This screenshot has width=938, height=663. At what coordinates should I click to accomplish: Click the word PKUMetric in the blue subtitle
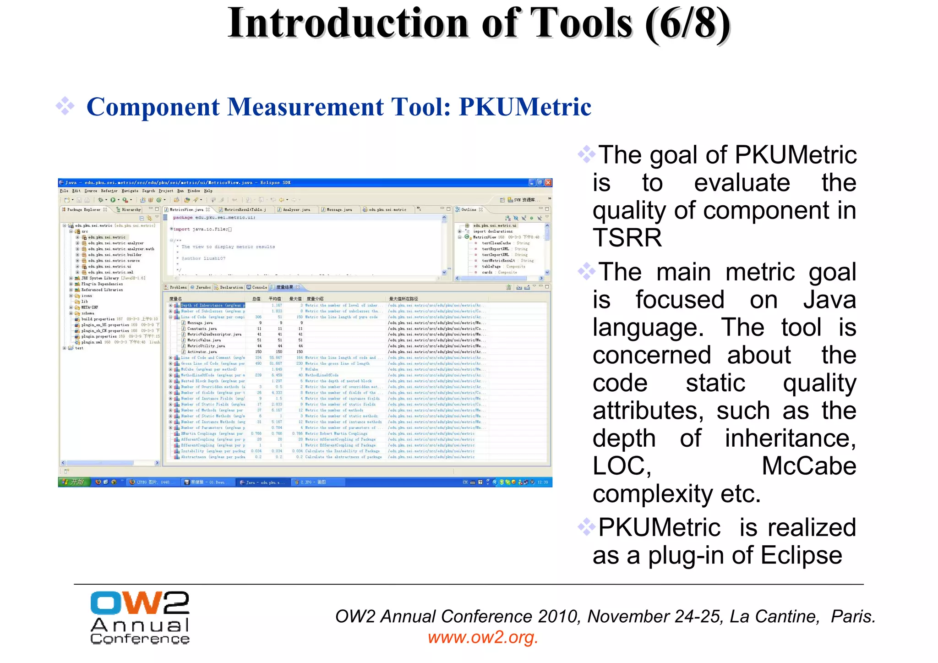pos(525,107)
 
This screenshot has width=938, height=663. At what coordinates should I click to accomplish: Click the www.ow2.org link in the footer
pos(483,637)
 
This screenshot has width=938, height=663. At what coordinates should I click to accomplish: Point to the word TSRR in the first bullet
pos(627,238)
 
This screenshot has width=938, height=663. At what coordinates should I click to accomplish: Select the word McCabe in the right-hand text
pos(808,466)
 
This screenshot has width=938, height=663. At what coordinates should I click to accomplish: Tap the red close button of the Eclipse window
pos(548,183)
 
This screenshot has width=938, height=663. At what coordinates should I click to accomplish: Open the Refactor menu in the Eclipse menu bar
pos(109,191)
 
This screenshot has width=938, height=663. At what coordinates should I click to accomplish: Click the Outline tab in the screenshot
pos(469,209)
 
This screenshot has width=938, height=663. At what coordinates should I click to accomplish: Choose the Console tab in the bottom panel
pos(259,287)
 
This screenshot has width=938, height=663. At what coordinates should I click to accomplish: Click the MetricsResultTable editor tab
pos(245,210)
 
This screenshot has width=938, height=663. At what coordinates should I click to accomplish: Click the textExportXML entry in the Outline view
pos(495,249)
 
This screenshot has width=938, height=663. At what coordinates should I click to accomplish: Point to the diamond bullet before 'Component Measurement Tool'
pos(65,106)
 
